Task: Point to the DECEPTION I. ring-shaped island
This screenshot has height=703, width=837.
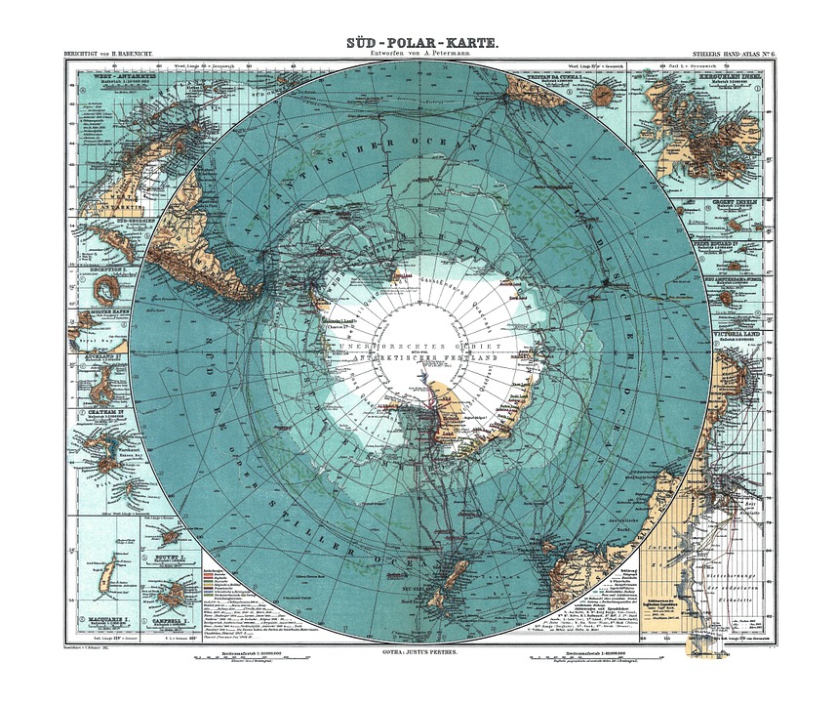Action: pos(106,289)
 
